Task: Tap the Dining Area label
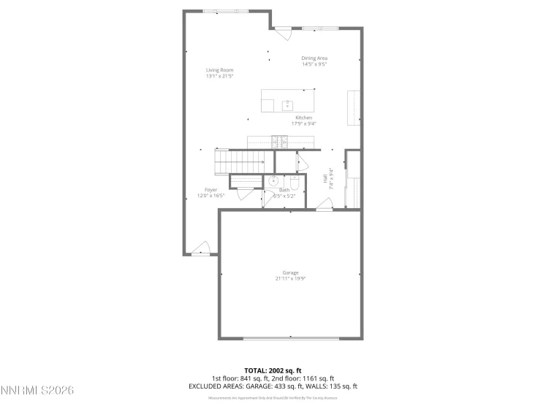[x=314, y=58]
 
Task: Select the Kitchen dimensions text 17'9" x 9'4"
[x=304, y=123]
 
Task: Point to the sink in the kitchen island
[x=288, y=105]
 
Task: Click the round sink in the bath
[x=273, y=181]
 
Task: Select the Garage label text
[x=291, y=272]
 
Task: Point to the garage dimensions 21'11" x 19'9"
[x=291, y=278]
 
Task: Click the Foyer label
[x=211, y=190]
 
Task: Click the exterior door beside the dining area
[x=283, y=33]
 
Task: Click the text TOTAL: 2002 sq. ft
[x=273, y=370]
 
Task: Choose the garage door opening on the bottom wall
[x=291, y=338]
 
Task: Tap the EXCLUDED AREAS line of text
[x=273, y=386]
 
